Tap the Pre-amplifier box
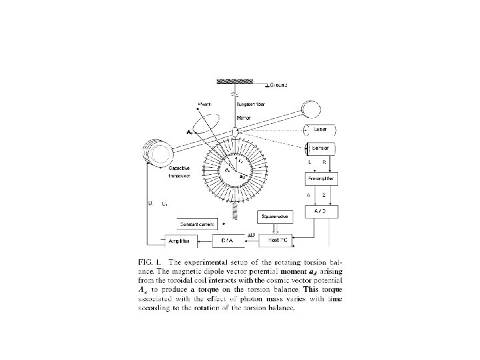coord(322,179)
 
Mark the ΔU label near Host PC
coord(251,234)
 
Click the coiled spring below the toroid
coord(235,211)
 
